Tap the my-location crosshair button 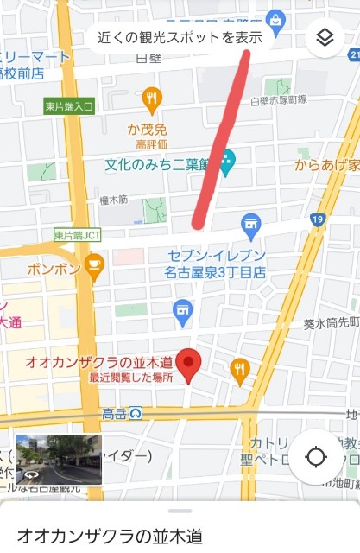coord(316,455)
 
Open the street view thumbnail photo coord(58,459)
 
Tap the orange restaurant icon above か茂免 coord(152,100)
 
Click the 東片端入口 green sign coord(68,106)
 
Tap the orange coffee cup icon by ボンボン coord(94,268)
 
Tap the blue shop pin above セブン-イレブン coord(251,226)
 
